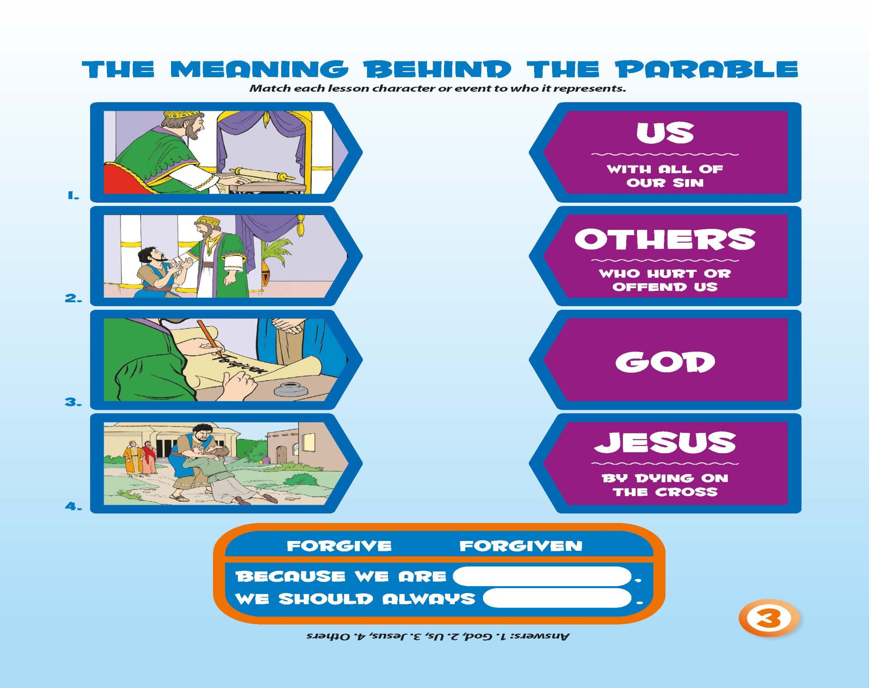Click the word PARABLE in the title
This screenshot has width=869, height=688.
(x=706, y=70)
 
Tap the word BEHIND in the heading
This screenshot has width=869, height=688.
(x=438, y=70)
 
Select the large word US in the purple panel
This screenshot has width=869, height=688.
(x=665, y=133)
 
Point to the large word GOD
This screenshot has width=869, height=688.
(x=665, y=362)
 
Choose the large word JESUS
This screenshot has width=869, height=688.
(x=665, y=442)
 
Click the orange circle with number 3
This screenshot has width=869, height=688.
(x=769, y=618)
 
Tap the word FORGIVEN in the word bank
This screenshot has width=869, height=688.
(x=521, y=546)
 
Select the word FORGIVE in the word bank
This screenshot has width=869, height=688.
(x=339, y=546)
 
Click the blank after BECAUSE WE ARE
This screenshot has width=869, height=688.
(x=542, y=576)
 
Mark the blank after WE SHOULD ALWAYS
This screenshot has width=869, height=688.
(x=557, y=598)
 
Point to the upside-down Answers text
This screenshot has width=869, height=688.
(x=438, y=636)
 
